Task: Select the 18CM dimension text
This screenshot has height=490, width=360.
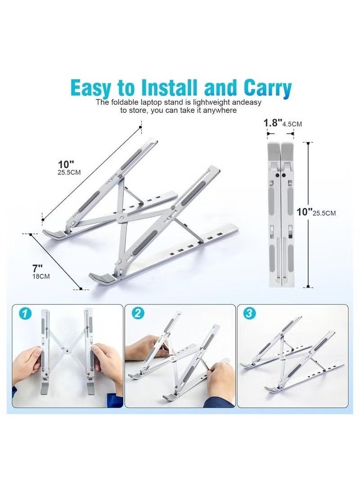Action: (41, 276)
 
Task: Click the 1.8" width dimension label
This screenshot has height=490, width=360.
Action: (273, 122)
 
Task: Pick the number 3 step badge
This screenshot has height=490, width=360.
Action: (249, 313)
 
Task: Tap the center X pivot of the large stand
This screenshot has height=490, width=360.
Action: (121, 218)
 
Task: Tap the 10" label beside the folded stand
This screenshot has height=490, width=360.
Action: (305, 212)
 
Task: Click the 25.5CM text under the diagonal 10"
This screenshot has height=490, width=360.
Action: (69, 172)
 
